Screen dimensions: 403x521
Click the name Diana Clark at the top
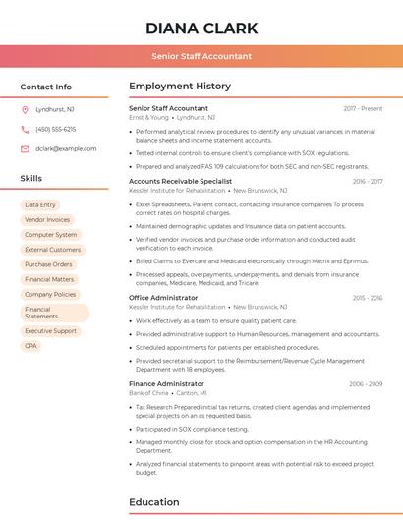201,28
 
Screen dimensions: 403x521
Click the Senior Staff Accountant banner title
201,56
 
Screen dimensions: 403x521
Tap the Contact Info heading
46,87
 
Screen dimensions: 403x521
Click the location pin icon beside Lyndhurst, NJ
25,109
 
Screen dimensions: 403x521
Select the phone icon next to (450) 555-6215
25,129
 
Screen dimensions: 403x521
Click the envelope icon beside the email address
25,149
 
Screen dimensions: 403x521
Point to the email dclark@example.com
66,149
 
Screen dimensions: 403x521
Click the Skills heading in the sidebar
31,179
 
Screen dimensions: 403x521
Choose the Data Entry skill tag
40,204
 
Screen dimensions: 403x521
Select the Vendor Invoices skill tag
47,220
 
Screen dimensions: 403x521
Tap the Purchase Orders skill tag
48,264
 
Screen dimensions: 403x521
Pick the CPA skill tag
31,346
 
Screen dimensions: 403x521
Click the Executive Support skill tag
50,331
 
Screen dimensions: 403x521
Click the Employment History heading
180,87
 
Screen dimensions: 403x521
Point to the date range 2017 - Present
363,108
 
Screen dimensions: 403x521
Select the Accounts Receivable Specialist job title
180,181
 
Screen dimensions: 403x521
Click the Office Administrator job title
163,297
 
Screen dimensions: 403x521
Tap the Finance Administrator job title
166,383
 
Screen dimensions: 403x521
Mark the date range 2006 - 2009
365,383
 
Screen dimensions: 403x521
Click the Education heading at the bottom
154,502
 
